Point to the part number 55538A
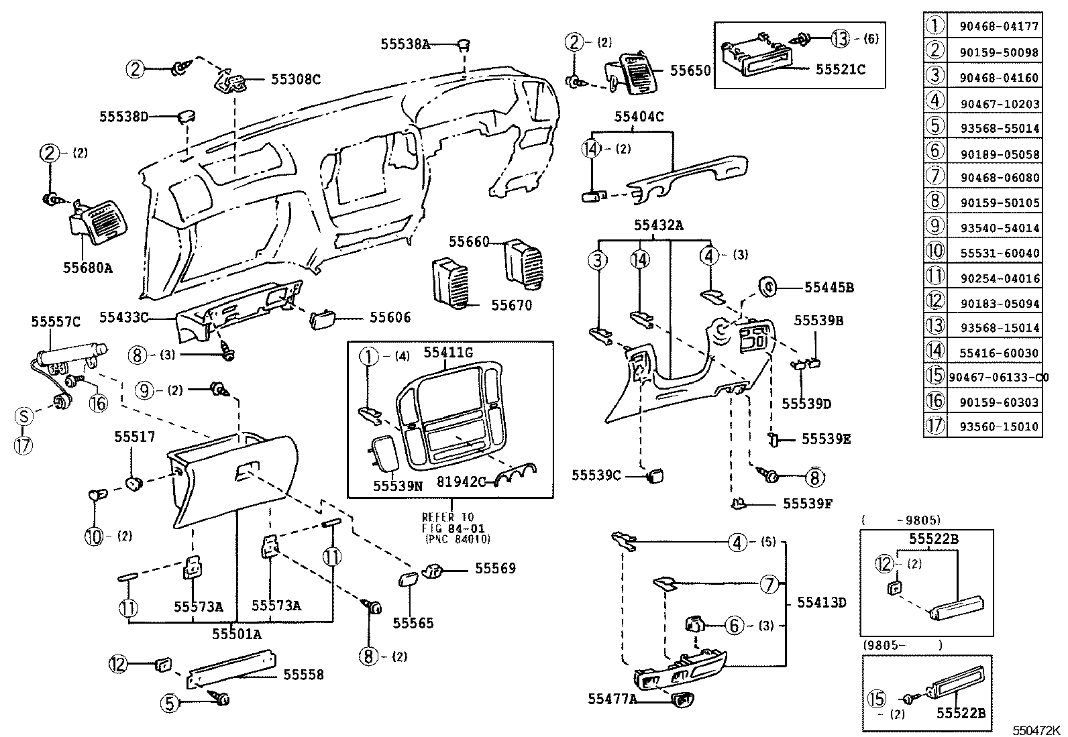click(x=405, y=44)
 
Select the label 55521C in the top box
click(x=840, y=69)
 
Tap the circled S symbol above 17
click(x=23, y=417)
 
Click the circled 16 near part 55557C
click(x=98, y=402)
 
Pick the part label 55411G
click(x=447, y=353)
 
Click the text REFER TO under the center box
click(x=447, y=517)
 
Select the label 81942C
click(x=462, y=481)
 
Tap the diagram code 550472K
click(x=1036, y=730)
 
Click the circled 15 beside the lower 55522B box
click(x=877, y=699)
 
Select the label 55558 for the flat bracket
click(x=303, y=675)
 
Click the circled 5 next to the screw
click(x=170, y=703)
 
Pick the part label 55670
click(x=511, y=306)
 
